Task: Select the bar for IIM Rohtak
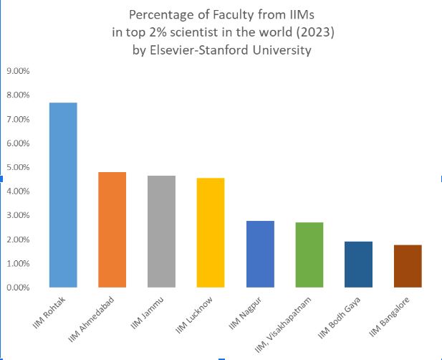[x=62, y=195]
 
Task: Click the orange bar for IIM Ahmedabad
[x=112, y=229]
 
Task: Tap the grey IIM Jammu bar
[x=161, y=232]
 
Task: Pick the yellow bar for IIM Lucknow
[x=211, y=232]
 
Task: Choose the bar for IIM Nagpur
[x=259, y=254]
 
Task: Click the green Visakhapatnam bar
[x=309, y=255]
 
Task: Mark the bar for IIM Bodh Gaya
[x=358, y=265]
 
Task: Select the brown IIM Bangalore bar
[x=408, y=266]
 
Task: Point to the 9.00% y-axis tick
[x=18, y=71]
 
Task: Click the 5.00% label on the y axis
[x=18, y=167]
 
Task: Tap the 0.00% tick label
[x=18, y=288]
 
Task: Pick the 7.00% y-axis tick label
[x=18, y=119]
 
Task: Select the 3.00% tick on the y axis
[x=18, y=215]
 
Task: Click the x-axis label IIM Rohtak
[x=49, y=311]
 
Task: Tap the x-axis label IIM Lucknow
[x=195, y=312]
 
